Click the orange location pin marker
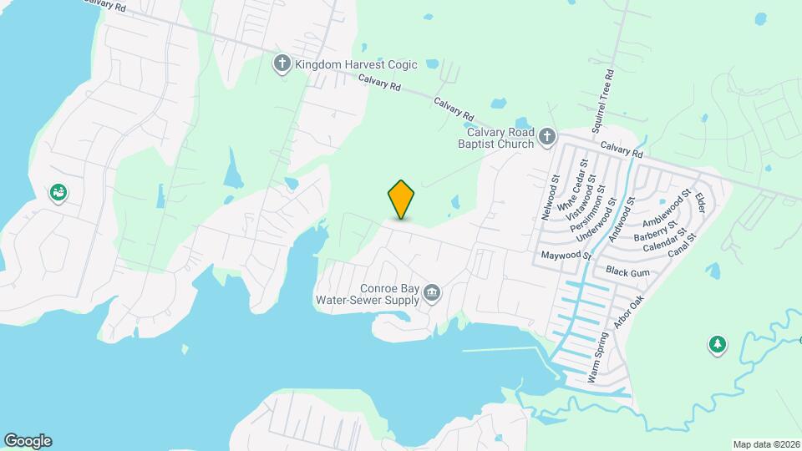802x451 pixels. (402, 199)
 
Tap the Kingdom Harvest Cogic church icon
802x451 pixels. (283, 63)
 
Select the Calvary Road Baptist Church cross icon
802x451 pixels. (547, 137)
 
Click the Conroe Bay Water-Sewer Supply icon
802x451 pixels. (433, 291)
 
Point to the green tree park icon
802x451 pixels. (716, 344)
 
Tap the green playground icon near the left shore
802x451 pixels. (58, 194)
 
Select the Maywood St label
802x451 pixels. (566, 255)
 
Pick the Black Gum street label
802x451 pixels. (627, 271)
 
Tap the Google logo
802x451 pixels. (28, 441)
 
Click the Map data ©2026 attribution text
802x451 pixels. (765, 444)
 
